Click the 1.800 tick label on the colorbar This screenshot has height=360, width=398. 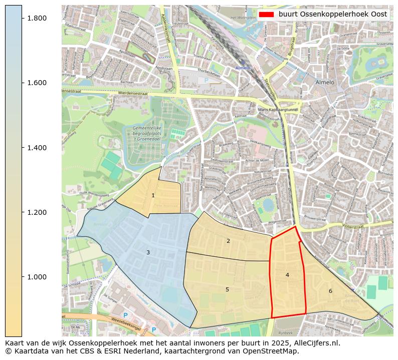click(36, 18)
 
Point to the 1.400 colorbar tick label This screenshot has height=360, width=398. click(36, 148)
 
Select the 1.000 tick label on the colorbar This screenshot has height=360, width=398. click(36, 277)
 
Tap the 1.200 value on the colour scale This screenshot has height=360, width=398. click(36, 212)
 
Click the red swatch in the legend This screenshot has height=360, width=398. click(266, 15)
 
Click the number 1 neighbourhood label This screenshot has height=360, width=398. click(153, 196)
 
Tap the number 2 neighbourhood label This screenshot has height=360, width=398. click(228, 241)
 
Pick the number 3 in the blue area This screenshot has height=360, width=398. click(148, 253)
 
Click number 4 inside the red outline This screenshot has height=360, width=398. click(287, 275)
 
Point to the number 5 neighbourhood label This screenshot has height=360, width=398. click(227, 290)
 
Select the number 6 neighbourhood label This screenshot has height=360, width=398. click(330, 291)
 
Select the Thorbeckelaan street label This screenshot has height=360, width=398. click(210, 73)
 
